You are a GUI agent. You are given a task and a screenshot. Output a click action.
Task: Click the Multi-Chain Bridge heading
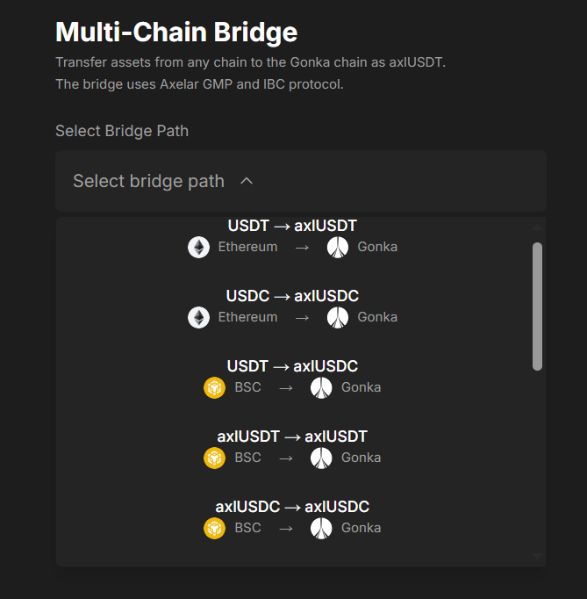click(176, 32)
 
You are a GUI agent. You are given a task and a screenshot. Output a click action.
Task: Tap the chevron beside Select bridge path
click(247, 181)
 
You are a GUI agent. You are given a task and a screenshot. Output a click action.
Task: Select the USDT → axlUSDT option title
click(292, 226)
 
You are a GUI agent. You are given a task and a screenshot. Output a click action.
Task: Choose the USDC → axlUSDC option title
click(292, 296)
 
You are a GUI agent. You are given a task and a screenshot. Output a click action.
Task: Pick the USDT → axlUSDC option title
click(292, 366)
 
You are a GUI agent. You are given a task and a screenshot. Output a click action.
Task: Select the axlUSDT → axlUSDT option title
click(292, 437)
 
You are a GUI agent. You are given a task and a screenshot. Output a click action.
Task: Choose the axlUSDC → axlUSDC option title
click(292, 507)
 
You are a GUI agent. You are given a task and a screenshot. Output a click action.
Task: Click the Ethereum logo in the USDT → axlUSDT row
click(198, 247)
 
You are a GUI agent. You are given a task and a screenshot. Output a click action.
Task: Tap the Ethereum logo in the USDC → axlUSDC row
click(198, 317)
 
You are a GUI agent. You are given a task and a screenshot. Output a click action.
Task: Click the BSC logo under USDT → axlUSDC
click(214, 387)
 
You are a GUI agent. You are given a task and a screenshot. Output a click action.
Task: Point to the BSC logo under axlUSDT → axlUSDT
click(214, 458)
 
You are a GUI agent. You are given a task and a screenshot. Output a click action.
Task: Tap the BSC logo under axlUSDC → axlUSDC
click(214, 529)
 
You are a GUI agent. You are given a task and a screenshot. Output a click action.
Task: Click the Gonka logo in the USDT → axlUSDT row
click(338, 247)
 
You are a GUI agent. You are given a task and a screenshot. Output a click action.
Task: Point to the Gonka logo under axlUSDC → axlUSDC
click(321, 529)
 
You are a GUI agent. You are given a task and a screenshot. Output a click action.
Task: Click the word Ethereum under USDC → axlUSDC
click(247, 317)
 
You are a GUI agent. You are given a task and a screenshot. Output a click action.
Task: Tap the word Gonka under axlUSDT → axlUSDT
click(361, 458)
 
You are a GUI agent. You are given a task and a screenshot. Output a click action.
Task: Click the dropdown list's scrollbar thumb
click(537, 307)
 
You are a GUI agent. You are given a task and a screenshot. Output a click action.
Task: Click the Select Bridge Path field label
click(122, 131)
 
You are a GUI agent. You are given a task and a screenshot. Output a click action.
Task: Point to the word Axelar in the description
click(178, 84)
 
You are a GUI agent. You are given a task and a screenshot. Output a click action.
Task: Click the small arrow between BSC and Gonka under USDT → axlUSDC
click(286, 388)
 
